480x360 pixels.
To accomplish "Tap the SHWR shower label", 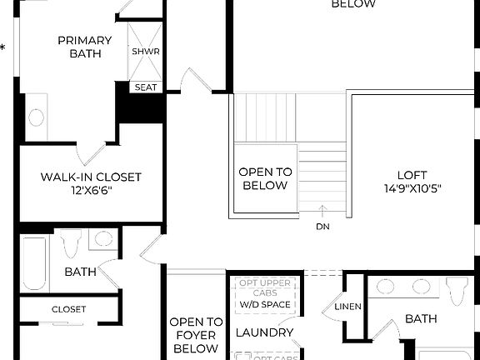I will (145, 52).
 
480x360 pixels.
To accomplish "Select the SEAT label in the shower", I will (145, 87).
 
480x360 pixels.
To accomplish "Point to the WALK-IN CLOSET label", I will (91, 177).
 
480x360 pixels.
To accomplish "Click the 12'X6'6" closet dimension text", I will (91, 191).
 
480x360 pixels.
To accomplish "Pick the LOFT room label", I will (412, 175).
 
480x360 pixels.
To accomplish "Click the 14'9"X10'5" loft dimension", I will (412, 188).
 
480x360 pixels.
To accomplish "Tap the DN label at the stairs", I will (322, 226).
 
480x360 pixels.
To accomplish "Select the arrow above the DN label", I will (322, 211).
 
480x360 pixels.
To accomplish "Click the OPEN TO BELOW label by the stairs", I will (266, 178).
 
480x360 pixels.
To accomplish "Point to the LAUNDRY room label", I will (264, 333).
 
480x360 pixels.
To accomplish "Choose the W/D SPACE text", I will (265, 304).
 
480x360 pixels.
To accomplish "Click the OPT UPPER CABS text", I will (265, 288).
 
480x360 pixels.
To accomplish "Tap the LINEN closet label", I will (348, 307).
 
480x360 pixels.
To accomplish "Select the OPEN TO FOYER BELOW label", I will (196, 335).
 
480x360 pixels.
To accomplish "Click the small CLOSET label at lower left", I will (68, 309).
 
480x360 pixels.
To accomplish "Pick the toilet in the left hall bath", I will (71, 244).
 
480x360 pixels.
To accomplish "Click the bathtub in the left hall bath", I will (35, 263).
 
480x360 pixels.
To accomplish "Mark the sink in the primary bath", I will (37, 117).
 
